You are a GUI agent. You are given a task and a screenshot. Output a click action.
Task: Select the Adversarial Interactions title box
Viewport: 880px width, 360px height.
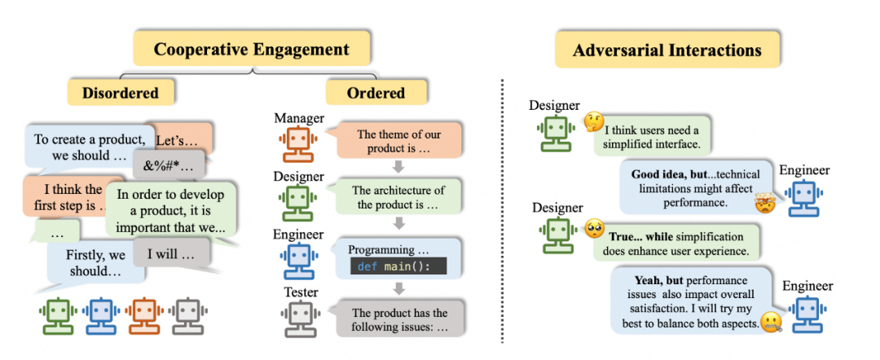(x=667, y=50)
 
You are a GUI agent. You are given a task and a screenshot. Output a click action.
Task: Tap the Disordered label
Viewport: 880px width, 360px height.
(x=120, y=92)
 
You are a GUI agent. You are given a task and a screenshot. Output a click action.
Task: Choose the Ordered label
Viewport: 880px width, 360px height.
(x=376, y=91)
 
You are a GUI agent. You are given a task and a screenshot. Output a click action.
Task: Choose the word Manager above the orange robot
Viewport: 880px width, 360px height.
(x=299, y=120)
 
